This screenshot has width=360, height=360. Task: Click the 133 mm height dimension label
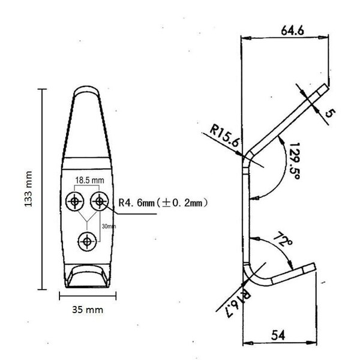coord(28,189)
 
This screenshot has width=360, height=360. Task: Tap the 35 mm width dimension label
coord(88,310)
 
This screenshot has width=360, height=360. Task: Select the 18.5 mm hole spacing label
coord(89,180)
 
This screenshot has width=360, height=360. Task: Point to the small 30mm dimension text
coord(109,226)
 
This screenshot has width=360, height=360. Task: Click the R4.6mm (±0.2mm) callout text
coord(163,203)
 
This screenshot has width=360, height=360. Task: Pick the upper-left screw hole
coord(74,202)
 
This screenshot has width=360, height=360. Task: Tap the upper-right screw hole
coord(100,201)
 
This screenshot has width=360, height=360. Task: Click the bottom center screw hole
coord(87,242)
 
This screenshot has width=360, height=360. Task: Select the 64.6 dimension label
coord(293,31)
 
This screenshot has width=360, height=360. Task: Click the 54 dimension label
coord(278,335)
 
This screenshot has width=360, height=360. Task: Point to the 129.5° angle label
coord(294,161)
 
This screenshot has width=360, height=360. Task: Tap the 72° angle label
coord(283,239)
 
